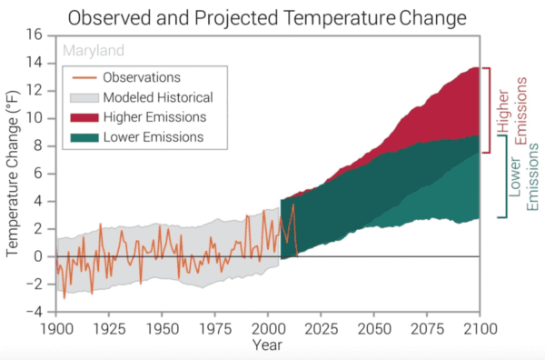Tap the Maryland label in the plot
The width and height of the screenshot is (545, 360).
point(91,50)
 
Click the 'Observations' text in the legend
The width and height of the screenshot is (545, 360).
point(142,77)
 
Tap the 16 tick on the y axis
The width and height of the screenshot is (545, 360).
point(35,35)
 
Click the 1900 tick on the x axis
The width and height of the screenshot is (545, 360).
point(56,327)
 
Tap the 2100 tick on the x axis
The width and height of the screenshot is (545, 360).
point(478,327)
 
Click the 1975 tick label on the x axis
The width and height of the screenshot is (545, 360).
point(214,327)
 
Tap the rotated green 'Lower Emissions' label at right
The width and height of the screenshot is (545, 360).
point(524,177)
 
